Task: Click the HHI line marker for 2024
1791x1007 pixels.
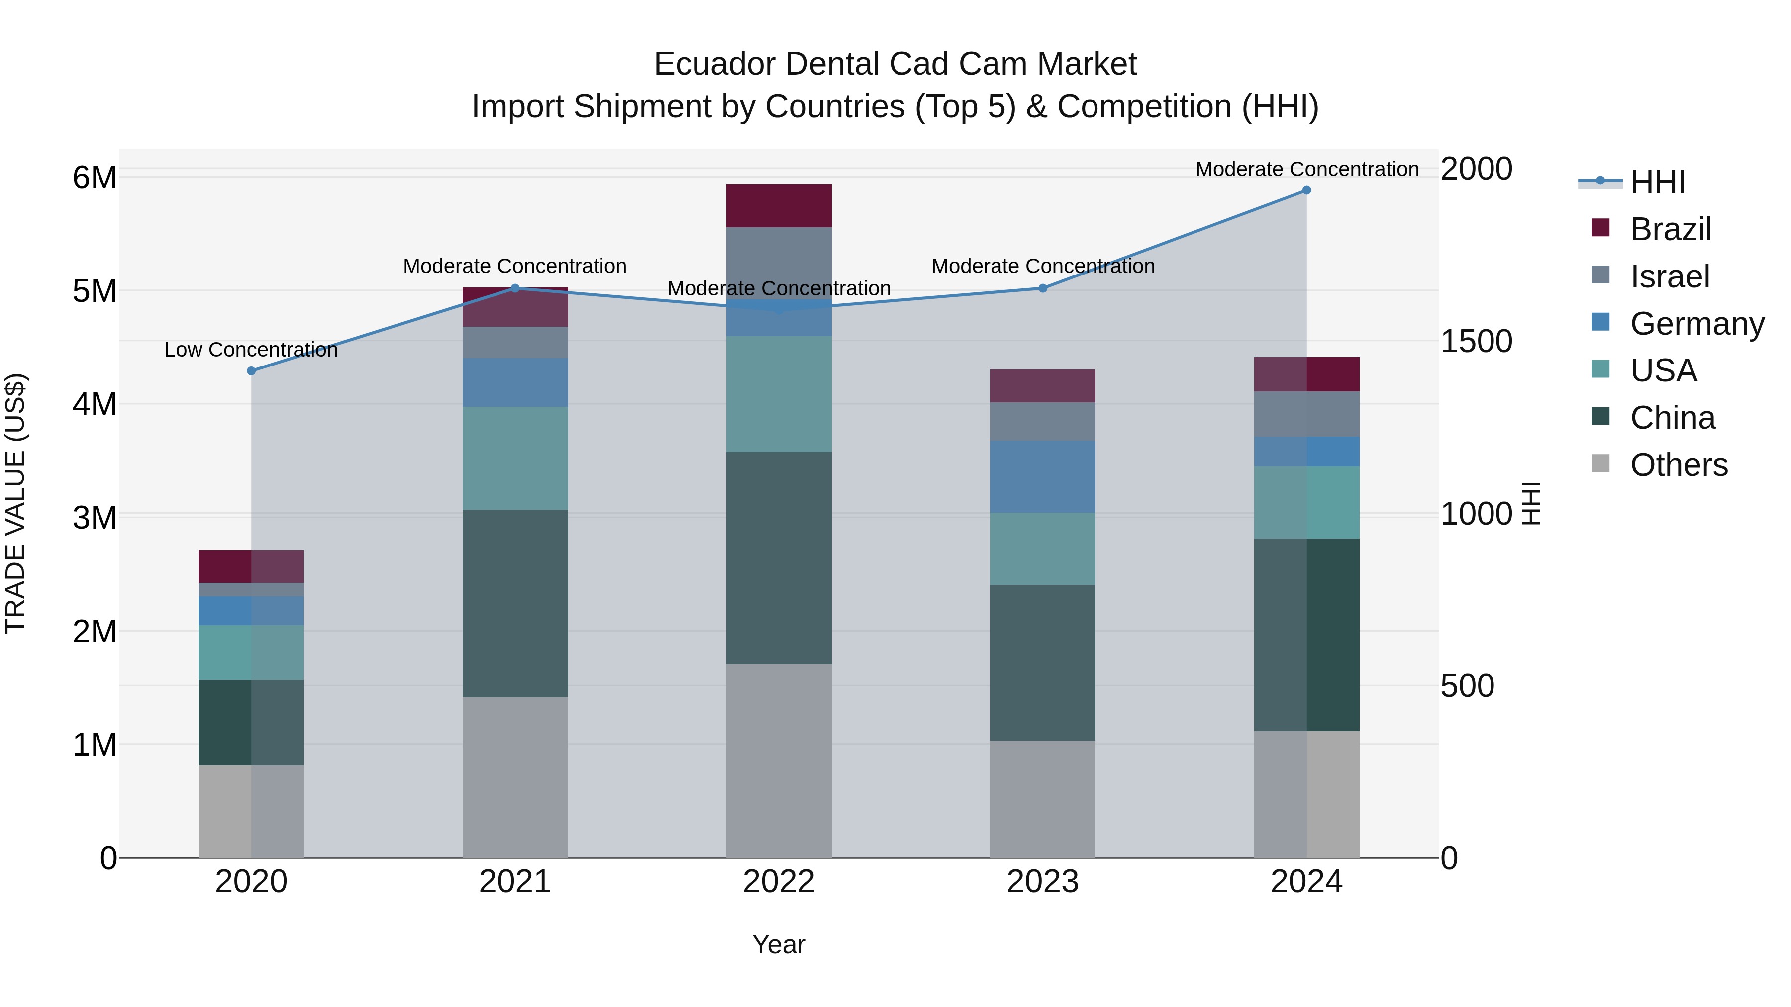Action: (x=1306, y=190)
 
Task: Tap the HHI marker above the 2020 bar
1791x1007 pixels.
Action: (x=252, y=371)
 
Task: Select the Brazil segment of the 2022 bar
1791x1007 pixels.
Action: (x=779, y=206)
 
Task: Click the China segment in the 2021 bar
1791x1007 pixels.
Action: (x=515, y=603)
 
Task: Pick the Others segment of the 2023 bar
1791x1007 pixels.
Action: (x=1042, y=799)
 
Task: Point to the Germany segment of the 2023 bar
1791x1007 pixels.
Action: (x=1042, y=477)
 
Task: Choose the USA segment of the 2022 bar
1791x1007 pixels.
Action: (x=779, y=394)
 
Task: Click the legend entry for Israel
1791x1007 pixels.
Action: (x=1669, y=276)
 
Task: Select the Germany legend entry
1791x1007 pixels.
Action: (x=1696, y=324)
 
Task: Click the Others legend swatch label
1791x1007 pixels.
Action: (x=1679, y=465)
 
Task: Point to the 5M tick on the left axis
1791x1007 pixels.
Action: (x=95, y=291)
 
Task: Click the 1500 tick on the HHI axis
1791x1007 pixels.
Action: (x=1476, y=341)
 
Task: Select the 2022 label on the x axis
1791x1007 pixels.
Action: (x=779, y=882)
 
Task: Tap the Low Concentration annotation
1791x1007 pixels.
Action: (x=251, y=350)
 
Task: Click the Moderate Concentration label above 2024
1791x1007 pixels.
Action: (x=1306, y=169)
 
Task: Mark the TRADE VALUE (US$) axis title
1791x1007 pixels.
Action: (x=15, y=503)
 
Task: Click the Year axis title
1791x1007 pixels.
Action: (x=779, y=944)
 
